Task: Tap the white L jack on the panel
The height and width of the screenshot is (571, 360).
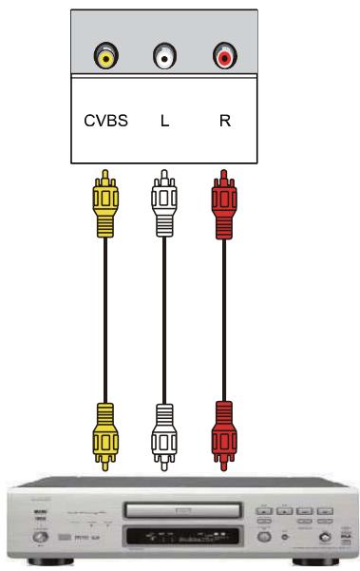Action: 164,57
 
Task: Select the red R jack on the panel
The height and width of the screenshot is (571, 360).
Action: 224,57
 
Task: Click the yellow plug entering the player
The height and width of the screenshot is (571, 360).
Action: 105,432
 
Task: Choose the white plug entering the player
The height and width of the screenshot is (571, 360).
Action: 164,432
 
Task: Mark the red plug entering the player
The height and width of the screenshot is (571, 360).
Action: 224,432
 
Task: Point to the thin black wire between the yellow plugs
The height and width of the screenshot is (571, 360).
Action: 105,314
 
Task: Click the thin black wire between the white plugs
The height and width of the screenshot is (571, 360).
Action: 164,314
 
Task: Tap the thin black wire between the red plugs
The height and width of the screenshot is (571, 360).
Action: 224,314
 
